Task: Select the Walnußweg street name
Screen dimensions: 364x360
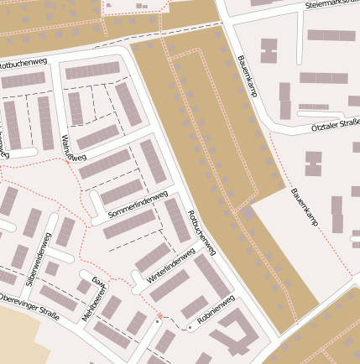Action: [x=74, y=147]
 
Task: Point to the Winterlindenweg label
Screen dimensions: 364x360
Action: [x=171, y=264]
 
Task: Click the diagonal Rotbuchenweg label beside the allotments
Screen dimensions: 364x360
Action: [x=202, y=232]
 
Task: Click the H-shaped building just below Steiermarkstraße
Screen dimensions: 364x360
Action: [x=269, y=50]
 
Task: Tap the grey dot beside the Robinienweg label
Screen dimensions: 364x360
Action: [x=190, y=328]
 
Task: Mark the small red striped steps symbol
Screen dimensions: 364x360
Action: [x=159, y=316]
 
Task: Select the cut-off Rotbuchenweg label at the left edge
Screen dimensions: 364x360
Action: [x=17, y=64]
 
